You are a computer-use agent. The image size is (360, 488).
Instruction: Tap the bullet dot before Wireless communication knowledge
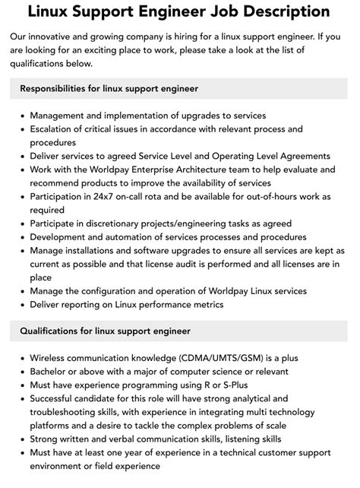point(21,357)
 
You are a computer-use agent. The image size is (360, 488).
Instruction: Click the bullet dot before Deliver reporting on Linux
point(21,304)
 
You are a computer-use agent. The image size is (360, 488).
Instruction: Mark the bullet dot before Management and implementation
point(21,116)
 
